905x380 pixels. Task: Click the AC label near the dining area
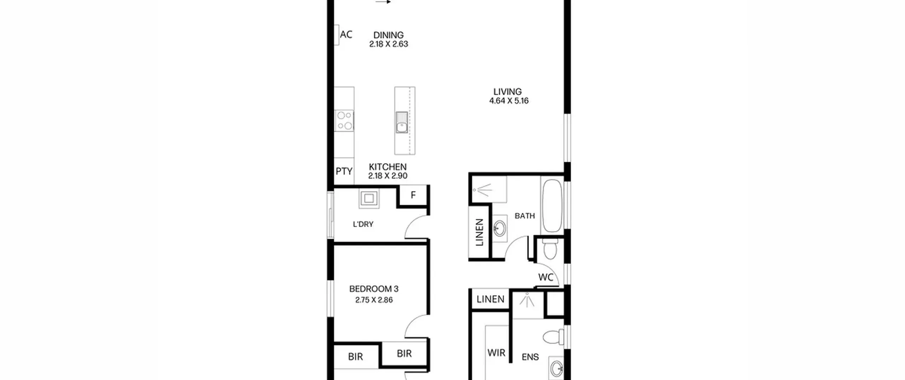[x=346, y=34]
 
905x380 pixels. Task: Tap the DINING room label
[x=389, y=35]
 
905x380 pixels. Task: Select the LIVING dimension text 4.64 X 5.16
[x=509, y=101]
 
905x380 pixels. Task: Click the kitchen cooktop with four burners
[x=344, y=121]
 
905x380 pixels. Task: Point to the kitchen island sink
[x=402, y=122]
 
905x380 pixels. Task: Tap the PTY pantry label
[x=344, y=171]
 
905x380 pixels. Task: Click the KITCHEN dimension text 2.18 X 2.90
[x=388, y=176]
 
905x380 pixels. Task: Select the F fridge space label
[x=413, y=195]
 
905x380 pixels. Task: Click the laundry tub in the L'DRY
[x=369, y=198]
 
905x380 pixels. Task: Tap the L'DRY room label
[x=363, y=224]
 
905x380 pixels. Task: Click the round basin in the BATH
[x=499, y=228]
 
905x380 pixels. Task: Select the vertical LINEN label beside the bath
[x=479, y=232]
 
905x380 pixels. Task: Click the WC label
[x=545, y=277]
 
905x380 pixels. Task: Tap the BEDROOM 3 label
[x=374, y=289]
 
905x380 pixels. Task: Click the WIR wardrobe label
[x=496, y=352]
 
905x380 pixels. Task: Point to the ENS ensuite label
[x=530, y=357]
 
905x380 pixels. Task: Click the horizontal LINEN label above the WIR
[x=490, y=299]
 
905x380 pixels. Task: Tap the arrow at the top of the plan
[x=383, y=2]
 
